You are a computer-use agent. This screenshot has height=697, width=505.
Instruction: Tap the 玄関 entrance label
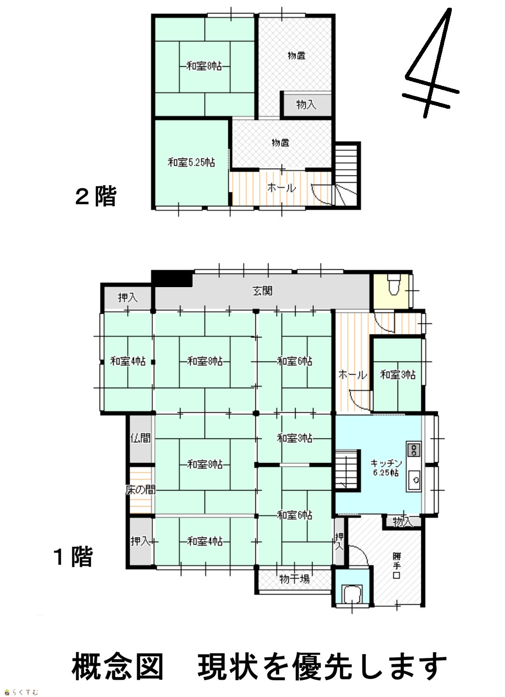[263, 291]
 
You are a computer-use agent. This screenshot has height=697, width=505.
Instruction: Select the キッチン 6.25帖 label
[386, 468]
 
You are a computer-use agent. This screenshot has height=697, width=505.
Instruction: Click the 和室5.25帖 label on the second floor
[191, 162]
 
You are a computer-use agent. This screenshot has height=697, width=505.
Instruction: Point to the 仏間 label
[140, 438]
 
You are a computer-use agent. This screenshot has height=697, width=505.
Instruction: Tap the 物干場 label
[294, 579]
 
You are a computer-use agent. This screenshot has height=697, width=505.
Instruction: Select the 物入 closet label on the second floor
[306, 105]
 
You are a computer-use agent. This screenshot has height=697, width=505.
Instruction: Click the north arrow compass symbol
[431, 64]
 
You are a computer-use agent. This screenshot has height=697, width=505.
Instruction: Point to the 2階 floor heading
[96, 196]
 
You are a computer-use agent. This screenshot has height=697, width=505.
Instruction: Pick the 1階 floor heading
[74, 557]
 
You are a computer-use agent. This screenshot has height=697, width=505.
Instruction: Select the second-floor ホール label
[282, 188]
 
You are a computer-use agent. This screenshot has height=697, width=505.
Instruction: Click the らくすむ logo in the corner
[21, 692]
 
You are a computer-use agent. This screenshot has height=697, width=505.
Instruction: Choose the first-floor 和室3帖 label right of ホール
[398, 375]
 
